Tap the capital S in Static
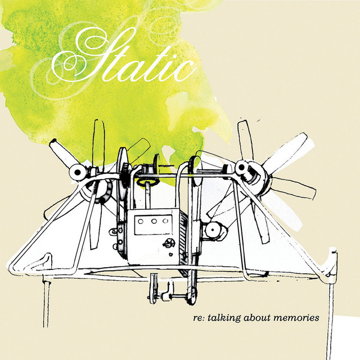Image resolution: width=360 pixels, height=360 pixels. (92, 55)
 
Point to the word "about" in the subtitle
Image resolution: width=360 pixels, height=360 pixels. (258, 318)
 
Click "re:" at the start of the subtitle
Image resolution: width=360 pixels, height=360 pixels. (199, 318)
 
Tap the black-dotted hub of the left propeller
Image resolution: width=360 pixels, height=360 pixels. (78, 172)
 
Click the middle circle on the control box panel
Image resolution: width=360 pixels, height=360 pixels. (154, 221)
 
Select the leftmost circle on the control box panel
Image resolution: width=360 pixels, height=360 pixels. (141, 222)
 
